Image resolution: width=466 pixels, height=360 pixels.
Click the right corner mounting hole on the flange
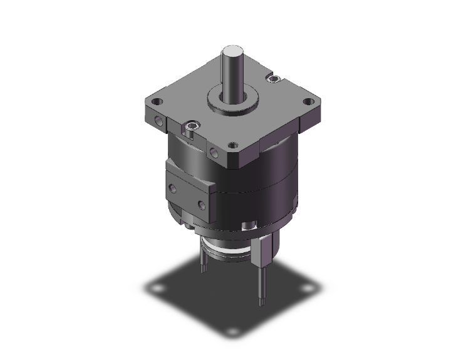click(308, 101)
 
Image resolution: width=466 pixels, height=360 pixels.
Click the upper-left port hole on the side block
click(171, 185)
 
